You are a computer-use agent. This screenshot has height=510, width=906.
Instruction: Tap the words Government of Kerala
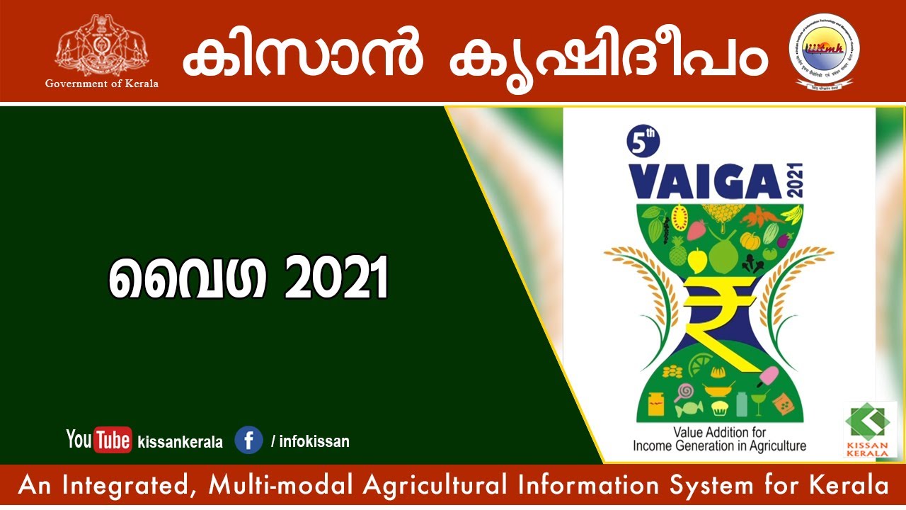pyautogui.click(x=102, y=84)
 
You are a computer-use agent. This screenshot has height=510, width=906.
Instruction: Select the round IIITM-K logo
pyautogui.click(x=824, y=51)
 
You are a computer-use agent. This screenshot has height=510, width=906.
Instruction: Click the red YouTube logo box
pyautogui.click(x=113, y=440)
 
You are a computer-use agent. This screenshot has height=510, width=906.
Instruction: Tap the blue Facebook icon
pyautogui.click(x=248, y=440)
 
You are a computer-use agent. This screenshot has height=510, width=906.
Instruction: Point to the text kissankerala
pyautogui.click(x=180, y=442)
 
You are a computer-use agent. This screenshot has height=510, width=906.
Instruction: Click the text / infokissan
pyautogui.click(x=310, y=441)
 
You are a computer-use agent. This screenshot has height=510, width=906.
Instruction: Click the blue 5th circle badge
pyautogui.click(x=643, y=142)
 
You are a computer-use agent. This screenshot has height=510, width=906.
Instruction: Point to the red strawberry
pyautogui.click(x=697, y=229)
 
